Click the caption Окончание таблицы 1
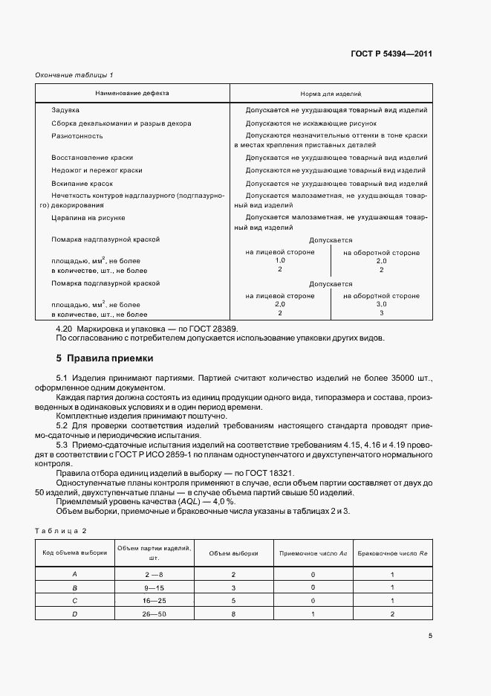(x=74, y=76)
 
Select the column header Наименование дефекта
(x=131, y=94)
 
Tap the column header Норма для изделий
(x=331, y=94)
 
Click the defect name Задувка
(x=65, y=110)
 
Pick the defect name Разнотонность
(x=77, y=136)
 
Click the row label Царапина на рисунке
(x=88, y=217)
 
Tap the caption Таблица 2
(x=62, y=530)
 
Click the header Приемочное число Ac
(x=313, y=553)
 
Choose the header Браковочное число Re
(x=391, y=553)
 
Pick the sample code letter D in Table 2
(x=74, y=614)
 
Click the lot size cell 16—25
(x=155, y=601)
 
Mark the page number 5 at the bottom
(x=431, y=636)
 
